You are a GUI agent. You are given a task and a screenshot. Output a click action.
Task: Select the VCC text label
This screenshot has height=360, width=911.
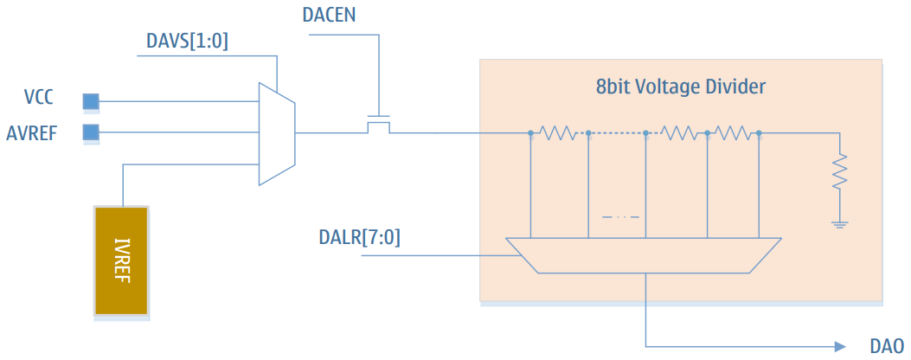pos(38,97)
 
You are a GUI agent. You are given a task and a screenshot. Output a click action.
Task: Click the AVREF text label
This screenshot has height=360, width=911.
pos(34,132)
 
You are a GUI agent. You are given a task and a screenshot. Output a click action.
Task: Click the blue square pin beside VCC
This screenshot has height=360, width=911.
pos(90,102)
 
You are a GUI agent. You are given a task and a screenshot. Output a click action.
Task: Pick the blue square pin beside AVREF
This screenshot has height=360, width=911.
pos(90,132)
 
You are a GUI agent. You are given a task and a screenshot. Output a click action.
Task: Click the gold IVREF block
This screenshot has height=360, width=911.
pos(121,260)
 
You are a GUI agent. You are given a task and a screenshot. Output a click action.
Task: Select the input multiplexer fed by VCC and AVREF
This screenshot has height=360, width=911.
pos(277,133)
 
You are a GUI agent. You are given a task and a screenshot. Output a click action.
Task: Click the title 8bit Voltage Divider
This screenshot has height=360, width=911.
pos(681,87)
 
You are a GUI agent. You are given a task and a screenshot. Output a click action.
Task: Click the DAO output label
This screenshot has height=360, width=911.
pos(885,345)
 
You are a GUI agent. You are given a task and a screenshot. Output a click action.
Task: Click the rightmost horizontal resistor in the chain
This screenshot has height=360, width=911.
pos(733,132)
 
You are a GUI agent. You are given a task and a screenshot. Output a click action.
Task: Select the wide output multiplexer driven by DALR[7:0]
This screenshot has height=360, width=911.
pos(645,255)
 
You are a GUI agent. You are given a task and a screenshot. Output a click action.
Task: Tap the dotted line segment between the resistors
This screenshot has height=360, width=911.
pos(617,132)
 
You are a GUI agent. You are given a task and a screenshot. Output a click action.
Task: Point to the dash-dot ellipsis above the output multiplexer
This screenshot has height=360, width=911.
pos(619,215)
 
